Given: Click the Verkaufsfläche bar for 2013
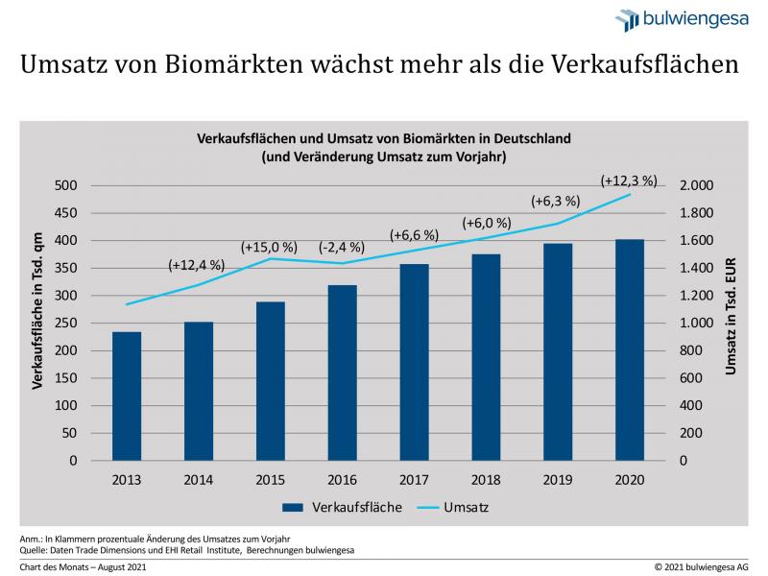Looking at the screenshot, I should click(x=127, y=396).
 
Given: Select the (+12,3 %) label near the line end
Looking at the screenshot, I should click(x=629, y=180).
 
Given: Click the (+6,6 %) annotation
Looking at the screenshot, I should click(x=414, y=235).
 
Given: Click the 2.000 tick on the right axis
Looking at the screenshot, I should click(x=697, y=185).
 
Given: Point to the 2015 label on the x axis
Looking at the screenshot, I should click(x=272, y=479).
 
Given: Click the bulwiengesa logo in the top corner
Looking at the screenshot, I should click(x=683, y=19).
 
